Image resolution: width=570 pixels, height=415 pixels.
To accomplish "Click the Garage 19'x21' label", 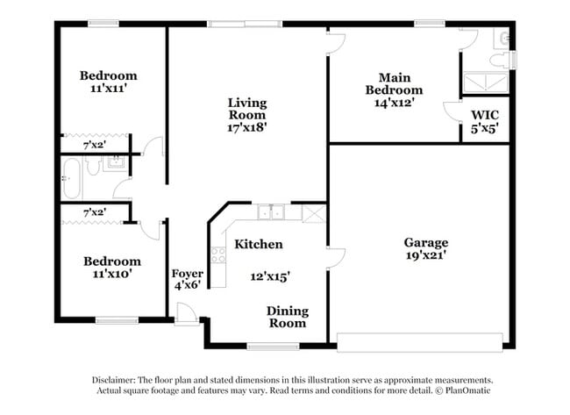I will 426,250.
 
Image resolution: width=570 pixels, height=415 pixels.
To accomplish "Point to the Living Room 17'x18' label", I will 246,115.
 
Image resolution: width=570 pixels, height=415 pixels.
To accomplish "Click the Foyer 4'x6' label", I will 187,278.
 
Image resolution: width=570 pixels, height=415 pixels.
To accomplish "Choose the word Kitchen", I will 258,244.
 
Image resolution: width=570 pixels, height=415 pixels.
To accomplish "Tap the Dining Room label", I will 288,317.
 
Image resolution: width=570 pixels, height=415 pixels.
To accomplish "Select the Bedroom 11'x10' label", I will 111,268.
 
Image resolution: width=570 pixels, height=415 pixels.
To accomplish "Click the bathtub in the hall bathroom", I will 73,178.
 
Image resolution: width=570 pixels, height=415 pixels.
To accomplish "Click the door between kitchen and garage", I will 334,257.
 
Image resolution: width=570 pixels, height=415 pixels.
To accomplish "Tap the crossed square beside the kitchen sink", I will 313,212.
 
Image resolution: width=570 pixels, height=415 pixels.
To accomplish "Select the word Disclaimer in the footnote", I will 121,379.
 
